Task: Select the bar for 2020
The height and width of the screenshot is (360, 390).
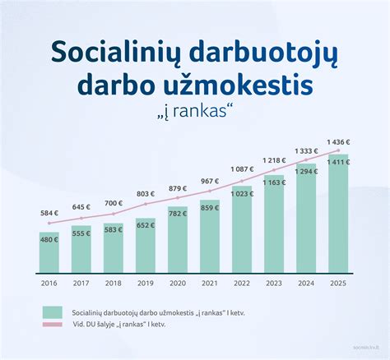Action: [x=178, y=242]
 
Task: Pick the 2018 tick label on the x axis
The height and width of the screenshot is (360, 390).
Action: [x=114, y=284]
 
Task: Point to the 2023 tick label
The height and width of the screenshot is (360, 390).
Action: [x=274, y=284]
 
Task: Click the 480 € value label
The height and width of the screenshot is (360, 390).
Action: [x=49, y=240]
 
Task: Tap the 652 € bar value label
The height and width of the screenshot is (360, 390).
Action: [x=146, y=225]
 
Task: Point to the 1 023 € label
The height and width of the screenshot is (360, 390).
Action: [x=242, y=194]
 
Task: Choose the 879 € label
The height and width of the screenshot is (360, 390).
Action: [x=178, y=189]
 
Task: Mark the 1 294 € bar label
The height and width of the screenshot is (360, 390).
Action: [x=306, y=171]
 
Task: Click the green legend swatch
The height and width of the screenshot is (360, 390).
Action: [x=52, y=312]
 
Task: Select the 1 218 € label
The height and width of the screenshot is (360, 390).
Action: [x=274, y=159]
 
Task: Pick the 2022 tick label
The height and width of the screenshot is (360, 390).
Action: [x=242, y=284]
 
